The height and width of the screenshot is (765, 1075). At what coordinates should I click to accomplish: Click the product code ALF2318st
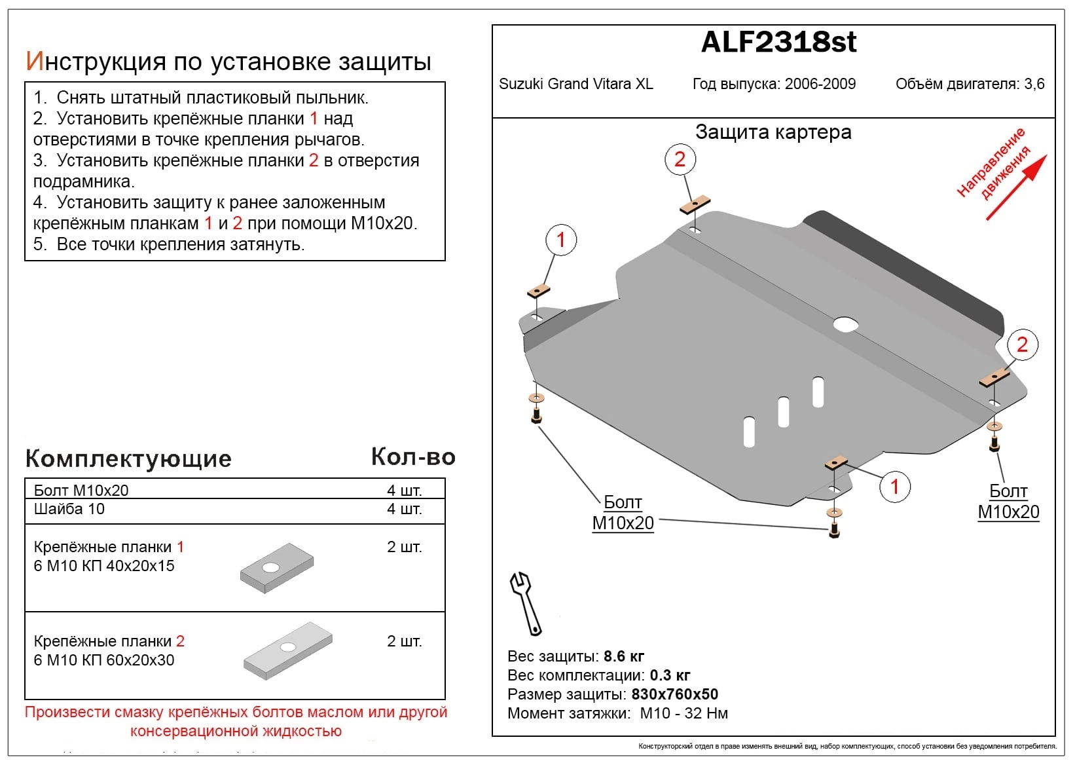(x=778, y=43)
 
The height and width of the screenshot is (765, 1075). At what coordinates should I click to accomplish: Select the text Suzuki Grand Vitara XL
(x=575, y=84)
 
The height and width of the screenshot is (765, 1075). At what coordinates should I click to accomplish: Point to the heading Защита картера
(x=773, y=132)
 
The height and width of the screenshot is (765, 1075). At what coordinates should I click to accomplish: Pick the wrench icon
(x=526, y=603)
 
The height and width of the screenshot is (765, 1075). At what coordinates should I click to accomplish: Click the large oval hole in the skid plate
(x=845, y=324)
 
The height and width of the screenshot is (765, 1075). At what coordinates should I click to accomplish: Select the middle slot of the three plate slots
(x=784, y=412)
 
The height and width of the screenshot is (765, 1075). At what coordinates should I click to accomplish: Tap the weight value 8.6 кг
(x=624, y=656)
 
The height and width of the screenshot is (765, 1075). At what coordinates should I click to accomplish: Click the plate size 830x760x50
(x=674, y=694)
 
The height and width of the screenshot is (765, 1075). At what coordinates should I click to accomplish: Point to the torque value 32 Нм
(x=706, y=713)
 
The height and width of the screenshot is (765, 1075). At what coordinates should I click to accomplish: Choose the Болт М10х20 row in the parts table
(x=81, y=490)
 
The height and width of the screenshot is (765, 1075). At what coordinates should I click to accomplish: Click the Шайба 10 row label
(x=69, y=509)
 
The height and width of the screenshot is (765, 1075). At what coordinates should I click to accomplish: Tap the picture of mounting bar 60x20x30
(x=288, y=650)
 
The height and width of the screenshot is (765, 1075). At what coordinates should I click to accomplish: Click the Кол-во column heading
(x=412, y=457)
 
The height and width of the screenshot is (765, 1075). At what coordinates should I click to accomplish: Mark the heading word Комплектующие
(x=128, y=458)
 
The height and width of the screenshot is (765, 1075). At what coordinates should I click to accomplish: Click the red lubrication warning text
(x=236, y=721)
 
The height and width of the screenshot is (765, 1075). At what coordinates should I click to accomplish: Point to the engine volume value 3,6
(x=1034, y=84)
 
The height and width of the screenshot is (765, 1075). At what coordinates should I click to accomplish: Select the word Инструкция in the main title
(x=96, y=62)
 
